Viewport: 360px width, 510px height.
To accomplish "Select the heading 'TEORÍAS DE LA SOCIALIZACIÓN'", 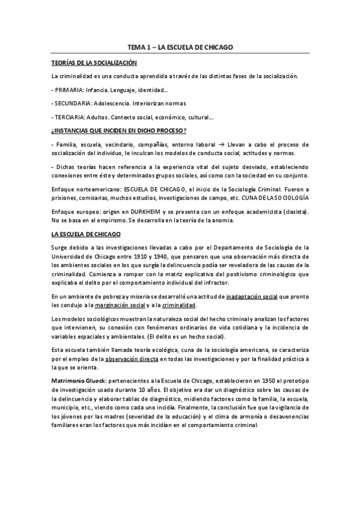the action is tap(94, 62).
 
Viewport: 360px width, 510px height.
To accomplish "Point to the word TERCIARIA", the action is tap(69, 117).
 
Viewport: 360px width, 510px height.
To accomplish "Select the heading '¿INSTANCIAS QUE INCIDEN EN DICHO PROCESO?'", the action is tap(118, 131).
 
